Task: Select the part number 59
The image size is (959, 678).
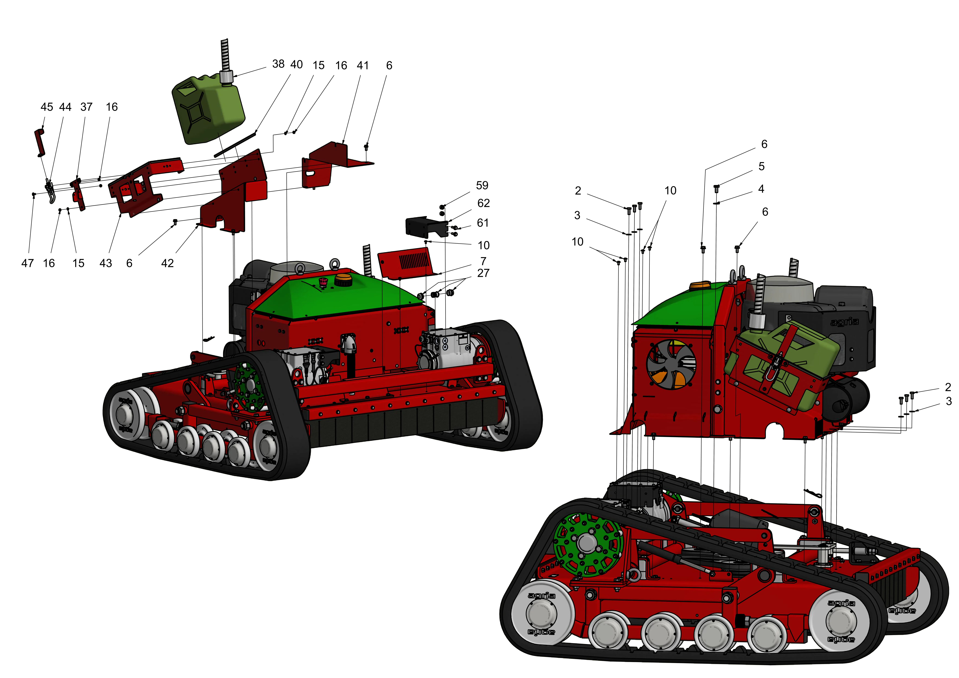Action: point(482,185)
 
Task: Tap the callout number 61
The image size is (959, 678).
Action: point(483,223)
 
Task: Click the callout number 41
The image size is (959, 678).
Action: point(363,66)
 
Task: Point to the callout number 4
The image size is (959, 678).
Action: point(761,189)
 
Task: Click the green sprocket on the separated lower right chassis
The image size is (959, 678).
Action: point(588,545)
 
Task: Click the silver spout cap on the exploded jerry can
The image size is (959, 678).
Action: point(226,77)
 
